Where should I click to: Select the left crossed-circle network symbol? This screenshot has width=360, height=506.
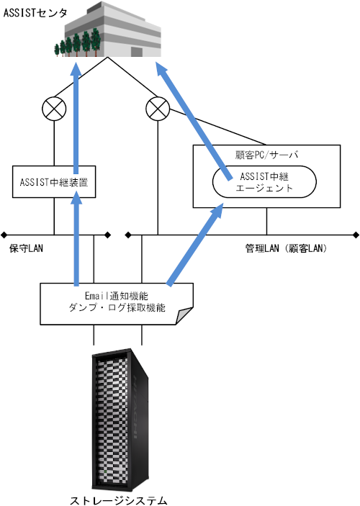(x=54, y=109)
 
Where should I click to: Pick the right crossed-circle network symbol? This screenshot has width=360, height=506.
(x=156, y=109)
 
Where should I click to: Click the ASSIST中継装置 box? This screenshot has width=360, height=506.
(x=54, y=182)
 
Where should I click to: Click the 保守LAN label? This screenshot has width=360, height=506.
(x=27, y=248)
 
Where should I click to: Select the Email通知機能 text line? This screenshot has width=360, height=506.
(x=116, y=295)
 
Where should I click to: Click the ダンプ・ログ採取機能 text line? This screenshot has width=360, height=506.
(x=116, y=307)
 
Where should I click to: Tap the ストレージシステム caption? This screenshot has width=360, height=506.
(x=118, y=499)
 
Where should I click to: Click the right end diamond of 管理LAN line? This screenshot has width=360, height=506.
(x=356, y=234)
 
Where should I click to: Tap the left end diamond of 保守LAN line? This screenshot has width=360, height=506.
(x=4, y=234)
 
